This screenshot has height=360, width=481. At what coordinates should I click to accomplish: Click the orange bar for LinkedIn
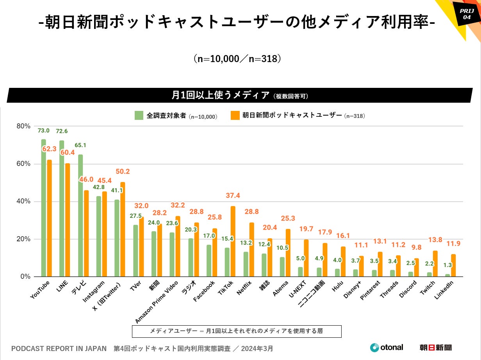tap(453, 266)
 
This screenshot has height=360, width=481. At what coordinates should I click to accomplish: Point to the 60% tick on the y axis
tap(24, 164)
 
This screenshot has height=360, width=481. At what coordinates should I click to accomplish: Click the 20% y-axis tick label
tap(24, 239)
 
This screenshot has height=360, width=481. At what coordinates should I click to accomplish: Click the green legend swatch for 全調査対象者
tap(139, 115)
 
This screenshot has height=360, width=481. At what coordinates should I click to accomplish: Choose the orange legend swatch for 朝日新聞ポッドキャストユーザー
tap(235, 115)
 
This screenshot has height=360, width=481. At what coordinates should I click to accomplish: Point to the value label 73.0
tap(43, 130)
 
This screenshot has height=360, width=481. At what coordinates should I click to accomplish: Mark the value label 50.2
tap(123, 171)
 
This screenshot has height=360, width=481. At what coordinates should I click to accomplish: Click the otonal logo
tap(387, 347)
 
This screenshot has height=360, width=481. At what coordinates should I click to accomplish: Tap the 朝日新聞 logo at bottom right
tap(435, 347)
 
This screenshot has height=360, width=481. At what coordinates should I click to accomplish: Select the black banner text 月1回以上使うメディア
tap(221, 95)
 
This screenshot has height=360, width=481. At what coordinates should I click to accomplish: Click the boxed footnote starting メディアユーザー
tap(237, 331)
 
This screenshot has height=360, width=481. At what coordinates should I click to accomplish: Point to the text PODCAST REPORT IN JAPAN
tap(59, 348)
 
